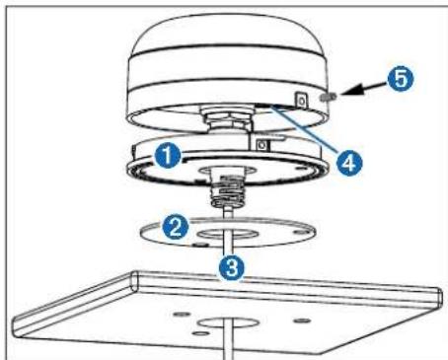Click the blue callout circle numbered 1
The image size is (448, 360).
click(x=168, y=156)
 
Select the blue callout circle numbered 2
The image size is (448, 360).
click(x=176, y=227)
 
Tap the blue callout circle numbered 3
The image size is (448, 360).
click(x=232, y=267)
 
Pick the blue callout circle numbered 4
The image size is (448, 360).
click(x=349, y=163)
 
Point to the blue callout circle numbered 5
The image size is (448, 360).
click(x=401, y=79)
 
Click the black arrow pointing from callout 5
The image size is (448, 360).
click(x=364, y=89)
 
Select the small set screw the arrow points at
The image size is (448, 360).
click(x=327, y=97)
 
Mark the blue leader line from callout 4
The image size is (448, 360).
click(x=307, y=129)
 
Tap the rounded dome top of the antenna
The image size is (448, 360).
click(x=229, y=37)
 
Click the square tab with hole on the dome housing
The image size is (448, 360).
click(x=301, y=100)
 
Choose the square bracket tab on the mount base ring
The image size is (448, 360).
click(x=262, y=145)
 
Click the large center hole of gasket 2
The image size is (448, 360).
click(x=228, y=234)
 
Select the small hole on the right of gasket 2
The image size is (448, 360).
click(x=299, y=233)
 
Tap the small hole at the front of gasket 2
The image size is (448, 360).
click(x=199, y=245)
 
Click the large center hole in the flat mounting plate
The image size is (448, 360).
click(x=227, y=323)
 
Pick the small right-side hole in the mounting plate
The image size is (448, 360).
click(x=302, y=320)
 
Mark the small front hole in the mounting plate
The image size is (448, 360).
click(x=199, y=333)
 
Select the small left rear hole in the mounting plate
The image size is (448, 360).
click(x=182, y=315)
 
